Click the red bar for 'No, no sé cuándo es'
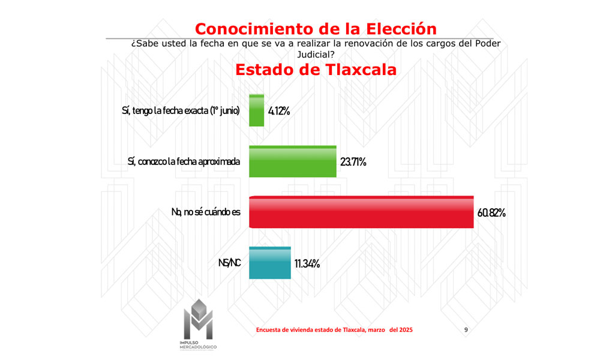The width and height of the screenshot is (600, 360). [361, 212]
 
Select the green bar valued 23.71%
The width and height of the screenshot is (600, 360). [292, 161]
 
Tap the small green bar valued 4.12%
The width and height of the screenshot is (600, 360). [256, 110]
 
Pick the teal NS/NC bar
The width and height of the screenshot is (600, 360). [269, 263]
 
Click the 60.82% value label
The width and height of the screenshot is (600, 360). [492, 212]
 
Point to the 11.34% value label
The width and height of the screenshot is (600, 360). [307, 263]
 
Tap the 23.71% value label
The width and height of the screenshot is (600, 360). [353, 162]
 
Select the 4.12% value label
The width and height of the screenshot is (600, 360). [279, 111]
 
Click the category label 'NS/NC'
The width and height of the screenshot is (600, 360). [230, 263]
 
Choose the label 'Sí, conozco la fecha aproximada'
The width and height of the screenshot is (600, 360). [184, 161]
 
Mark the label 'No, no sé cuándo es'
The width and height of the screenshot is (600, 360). [202, 212]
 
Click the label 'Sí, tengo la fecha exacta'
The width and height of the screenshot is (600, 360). [181, 111]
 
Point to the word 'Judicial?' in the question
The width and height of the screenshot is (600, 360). [316, 54]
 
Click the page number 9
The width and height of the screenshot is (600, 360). [466, 330]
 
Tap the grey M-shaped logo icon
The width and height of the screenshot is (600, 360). [197, 318]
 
